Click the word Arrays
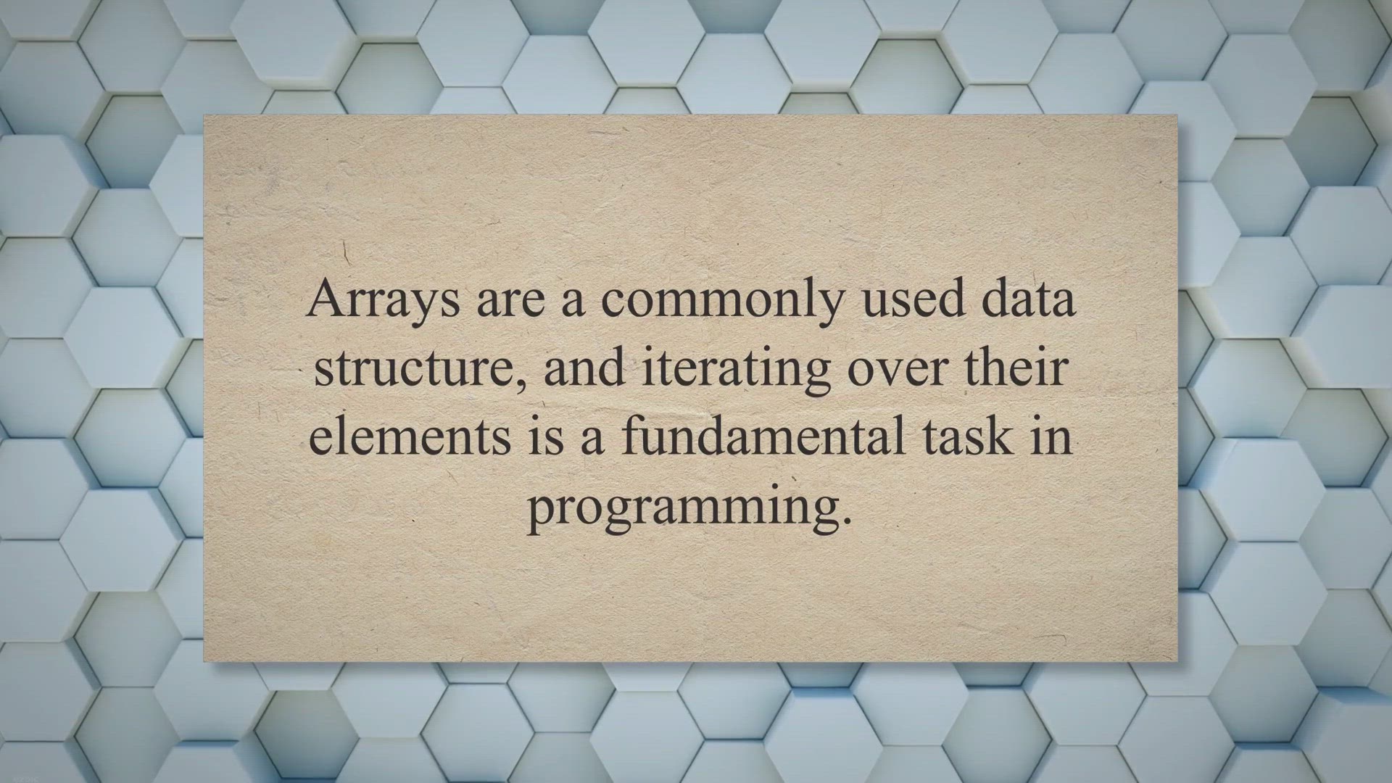pos(383,300)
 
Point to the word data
pos(1029,299)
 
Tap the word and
pos(584,367)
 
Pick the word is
pos(545,436)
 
